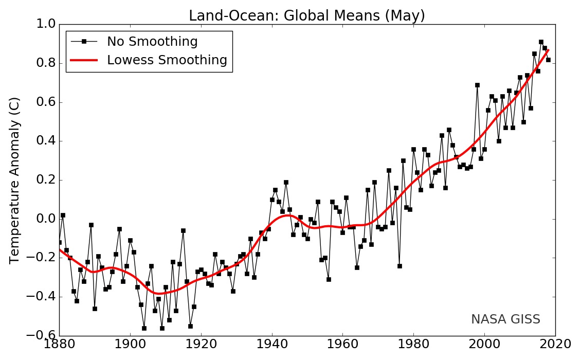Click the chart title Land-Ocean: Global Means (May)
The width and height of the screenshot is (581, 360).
(x=307, y=15)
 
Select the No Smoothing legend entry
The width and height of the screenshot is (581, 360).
(x=152, y=42)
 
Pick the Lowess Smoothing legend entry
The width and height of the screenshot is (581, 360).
(x=167, y=60)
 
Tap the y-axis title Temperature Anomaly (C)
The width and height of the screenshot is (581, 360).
(x=15, y=180)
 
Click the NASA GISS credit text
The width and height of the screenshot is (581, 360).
(x=505, y=319)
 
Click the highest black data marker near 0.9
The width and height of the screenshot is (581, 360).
(x=541, y=42)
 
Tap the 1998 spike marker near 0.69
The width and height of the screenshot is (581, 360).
(x=477, y=85)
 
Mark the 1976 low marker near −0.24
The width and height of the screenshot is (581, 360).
(x=400, y=266)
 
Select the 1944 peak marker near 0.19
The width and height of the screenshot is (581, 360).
(x=286, y=182)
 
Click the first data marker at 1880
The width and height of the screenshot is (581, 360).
(x=59, y=242)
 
